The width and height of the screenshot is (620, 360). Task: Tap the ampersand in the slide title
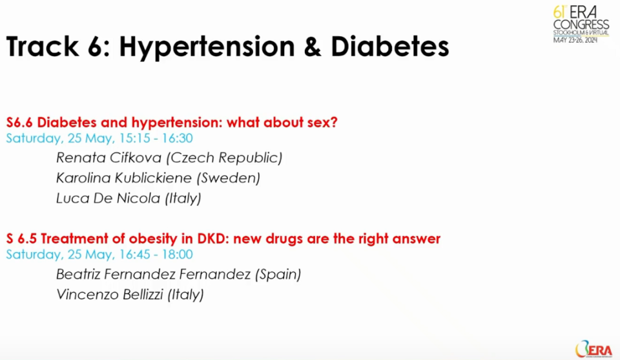(x=313, y=47)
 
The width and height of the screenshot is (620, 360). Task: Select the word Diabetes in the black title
(x=389, y=47)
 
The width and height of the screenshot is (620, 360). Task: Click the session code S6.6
(x=19, y=122)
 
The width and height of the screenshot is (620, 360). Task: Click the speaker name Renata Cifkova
(x=108, y=158)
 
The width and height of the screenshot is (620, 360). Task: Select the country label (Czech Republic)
(x=224, y=158)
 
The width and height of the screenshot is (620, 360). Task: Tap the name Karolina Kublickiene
(x=124, y=178)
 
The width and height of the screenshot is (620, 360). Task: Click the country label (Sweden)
(x=228, y=178)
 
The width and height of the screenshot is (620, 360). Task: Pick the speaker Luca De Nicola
(x=108, y=198)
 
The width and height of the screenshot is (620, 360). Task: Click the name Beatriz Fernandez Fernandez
(x=154, y=274)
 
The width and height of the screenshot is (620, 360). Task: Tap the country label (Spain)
(x=278, y=275)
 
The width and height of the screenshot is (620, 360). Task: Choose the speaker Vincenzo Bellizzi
(x=110, y=294)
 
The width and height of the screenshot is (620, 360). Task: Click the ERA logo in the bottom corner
(x=594, y=349)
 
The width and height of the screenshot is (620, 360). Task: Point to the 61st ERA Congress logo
(x=581, y=24)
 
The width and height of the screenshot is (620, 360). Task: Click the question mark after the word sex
(x=334, y=122)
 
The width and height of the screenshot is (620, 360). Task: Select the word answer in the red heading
(x=417, y=239)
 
